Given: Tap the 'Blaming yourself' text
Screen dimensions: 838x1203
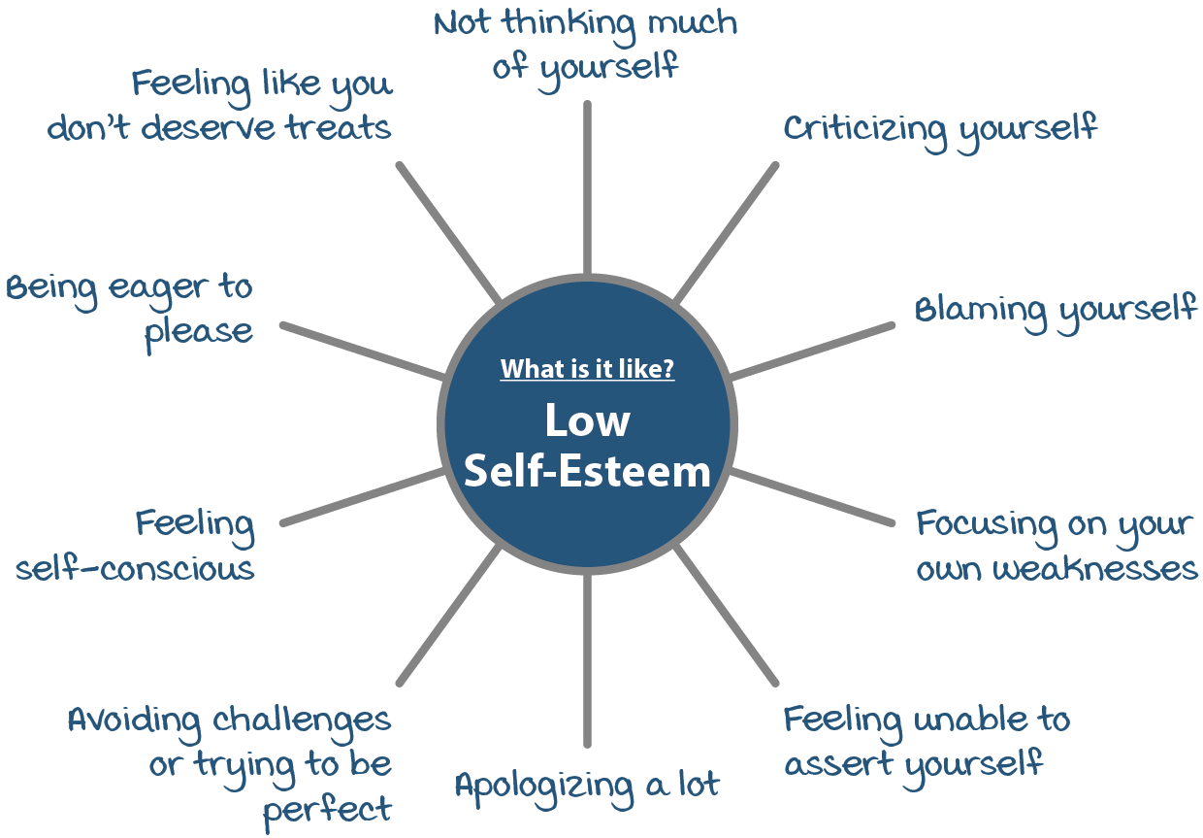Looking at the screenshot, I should click(1056, 310).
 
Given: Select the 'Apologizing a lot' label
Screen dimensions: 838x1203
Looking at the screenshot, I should click(587, 784).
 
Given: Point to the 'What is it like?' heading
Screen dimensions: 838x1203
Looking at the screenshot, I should click(587, 370).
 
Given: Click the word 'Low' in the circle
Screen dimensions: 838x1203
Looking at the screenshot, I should click(587, 421).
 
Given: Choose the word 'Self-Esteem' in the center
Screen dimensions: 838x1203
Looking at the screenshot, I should click(587, 472).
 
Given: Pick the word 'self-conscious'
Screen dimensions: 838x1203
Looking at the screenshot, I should click(135, 568).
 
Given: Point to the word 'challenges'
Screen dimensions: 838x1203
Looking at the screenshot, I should click(302, 720).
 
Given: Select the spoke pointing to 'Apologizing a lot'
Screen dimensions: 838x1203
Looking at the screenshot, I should click(587, 660).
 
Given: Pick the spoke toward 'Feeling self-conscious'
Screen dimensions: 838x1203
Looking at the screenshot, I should click(362, 497).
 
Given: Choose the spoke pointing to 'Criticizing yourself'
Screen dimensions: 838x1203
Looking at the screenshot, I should click(726, 232).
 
